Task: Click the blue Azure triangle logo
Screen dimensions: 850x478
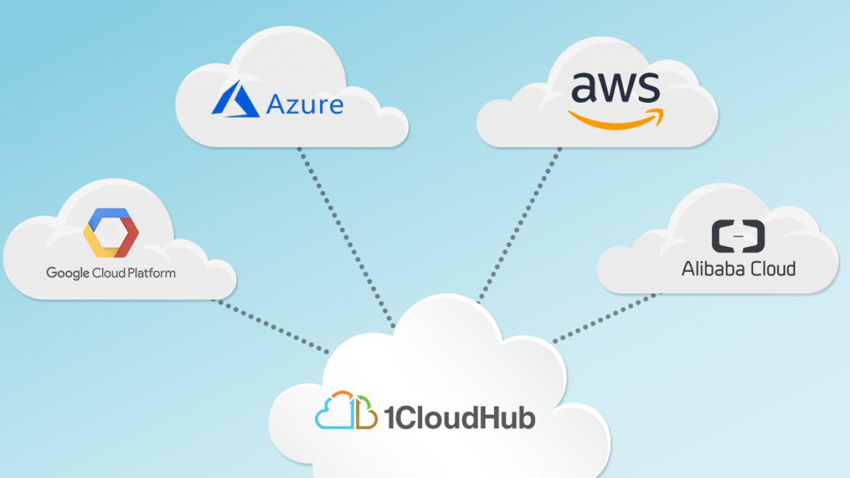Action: point(236,100)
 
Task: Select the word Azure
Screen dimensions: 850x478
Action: point(305,104)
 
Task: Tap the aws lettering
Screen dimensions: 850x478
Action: point(615,87)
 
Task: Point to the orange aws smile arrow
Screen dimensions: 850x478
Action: point(616,119)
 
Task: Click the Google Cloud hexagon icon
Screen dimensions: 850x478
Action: point(111,232)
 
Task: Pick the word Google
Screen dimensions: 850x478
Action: point(68,273)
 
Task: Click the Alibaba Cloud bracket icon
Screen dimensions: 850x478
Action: point(738,236)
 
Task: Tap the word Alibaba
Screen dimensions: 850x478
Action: point(713,269)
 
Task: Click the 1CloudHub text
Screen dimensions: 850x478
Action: point(460,418)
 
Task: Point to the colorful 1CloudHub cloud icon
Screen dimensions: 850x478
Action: point(346,410)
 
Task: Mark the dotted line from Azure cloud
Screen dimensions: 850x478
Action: point(347,238)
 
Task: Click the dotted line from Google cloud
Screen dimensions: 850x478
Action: point(271,327)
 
